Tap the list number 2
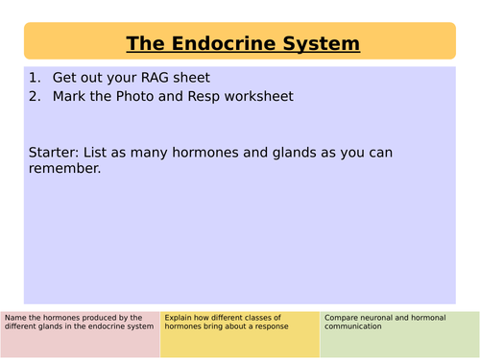coord(35,98)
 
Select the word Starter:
coord(60,153)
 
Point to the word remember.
coord(68,170)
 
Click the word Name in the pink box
coord(16,318)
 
